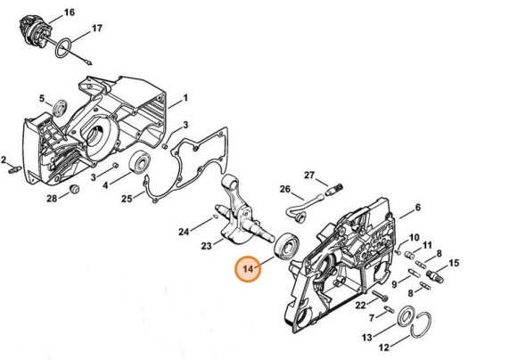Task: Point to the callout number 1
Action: click(x=185, y=97)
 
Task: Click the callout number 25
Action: click(x=127, y=198)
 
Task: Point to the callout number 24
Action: click(x=183, y=233)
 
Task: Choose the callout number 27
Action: click(x=310, y=175)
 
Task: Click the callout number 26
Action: click(x=285, y=189)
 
